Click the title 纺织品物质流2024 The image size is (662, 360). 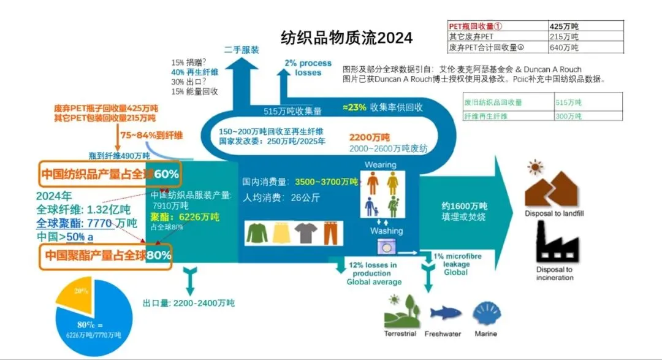346,37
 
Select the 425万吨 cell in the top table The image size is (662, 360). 564,26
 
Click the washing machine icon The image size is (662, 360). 386,248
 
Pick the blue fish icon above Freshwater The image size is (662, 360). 446,313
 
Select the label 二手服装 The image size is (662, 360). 242,49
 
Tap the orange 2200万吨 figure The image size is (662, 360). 369,137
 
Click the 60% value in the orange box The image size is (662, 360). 166,174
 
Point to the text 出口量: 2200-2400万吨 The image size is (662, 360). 188,303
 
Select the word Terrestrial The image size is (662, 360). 400,334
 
